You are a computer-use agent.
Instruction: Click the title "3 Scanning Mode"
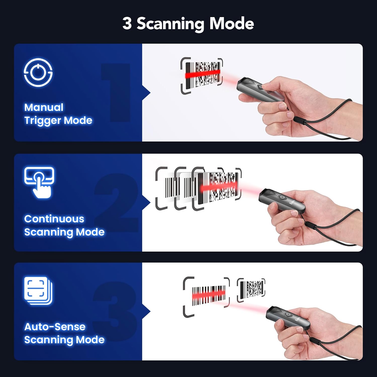click(188, 24)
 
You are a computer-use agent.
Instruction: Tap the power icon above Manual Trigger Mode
click(38, 72)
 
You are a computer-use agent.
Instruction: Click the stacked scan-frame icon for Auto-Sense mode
click(38, 291)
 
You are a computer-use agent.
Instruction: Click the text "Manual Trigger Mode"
click(58, 114)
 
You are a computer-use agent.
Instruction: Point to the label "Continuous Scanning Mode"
click(64, 225)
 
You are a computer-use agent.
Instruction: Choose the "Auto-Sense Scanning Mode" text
click(64, 333)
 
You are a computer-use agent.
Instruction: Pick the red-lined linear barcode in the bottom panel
click(208, 296)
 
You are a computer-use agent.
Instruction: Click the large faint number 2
click(117, 203)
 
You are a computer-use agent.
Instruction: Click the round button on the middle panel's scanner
click(282, 197)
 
